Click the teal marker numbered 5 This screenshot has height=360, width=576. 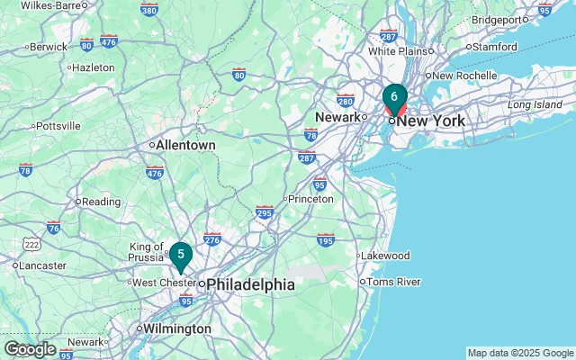click(181, 256)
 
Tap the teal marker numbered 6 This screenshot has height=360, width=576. click(394, 97)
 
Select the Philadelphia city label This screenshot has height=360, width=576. click(252, 284)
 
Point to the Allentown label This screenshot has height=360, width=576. click(186, 144)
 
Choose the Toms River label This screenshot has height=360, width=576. click(395, 282)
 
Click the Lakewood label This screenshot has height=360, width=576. click(385, 256)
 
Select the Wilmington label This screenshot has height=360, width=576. click(178, 329)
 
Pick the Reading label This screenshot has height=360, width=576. click(102, 202)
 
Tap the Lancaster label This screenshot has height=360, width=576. click(43, 265)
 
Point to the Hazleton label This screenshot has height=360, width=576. click(94, 67)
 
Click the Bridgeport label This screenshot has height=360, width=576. click(497, 19)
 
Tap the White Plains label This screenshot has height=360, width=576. click(389, 51)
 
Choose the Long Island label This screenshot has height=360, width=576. click(535, 105)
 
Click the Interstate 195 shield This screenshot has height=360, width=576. click(326, 239)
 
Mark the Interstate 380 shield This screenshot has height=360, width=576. click(148, 10)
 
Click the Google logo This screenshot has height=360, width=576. click(30, 349)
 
